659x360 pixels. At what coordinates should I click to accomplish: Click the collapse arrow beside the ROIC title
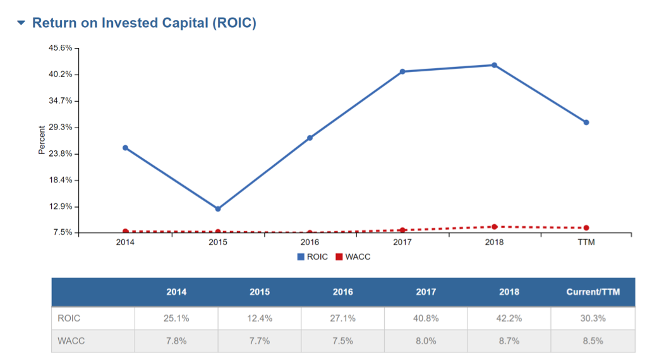click(21, 23)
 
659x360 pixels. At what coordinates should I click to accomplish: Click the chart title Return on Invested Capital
click(144, 23)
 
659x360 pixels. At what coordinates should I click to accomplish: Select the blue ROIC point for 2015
click(218, 208)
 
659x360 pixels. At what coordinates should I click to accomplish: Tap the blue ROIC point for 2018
click(494, 65)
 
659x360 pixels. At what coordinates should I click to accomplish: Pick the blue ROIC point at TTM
click(586, 123)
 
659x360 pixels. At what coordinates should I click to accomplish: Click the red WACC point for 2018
click(494, 227)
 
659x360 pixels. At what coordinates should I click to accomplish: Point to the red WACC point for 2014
click(125, 232)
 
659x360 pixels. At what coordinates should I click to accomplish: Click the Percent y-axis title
click(42, 140)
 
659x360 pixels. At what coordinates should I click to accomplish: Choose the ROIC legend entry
click(313, 257)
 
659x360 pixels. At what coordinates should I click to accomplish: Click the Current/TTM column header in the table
click(593, 292)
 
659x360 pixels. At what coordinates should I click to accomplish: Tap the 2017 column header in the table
click(426, 292)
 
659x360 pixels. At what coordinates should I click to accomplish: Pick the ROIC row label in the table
click(69, 318)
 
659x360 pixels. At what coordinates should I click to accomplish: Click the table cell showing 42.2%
click(509, 318)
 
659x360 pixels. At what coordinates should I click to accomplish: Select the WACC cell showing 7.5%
click(342, 341)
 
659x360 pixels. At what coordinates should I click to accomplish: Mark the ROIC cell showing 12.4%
click(259, 318)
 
